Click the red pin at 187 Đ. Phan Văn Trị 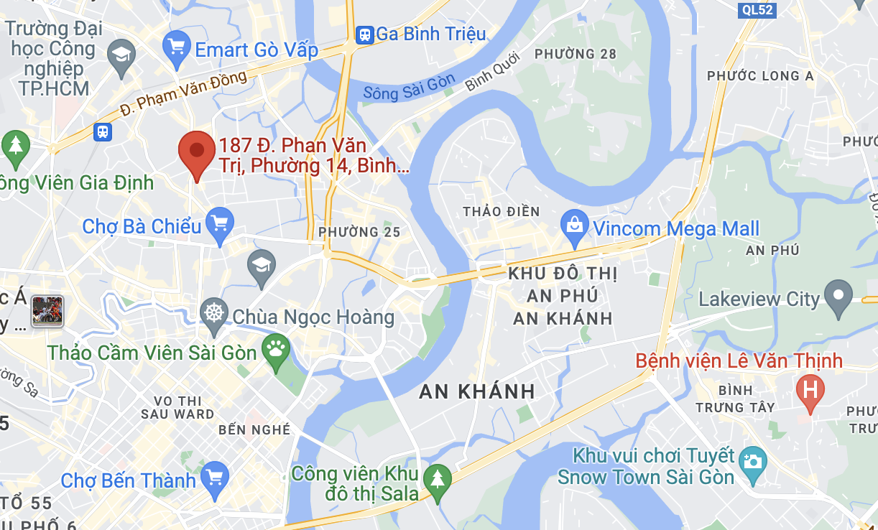(196, 152)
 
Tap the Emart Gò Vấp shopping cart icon (176, 49)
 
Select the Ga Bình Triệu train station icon (365, 34)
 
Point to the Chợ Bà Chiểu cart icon (218, 223)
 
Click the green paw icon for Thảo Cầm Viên (276, 350)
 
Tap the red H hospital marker (810, 391)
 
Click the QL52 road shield (758, 9)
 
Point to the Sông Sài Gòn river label (409, 87)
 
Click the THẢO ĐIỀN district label (501, 212)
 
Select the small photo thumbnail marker (47, 312)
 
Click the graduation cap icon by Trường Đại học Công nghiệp (121, 56)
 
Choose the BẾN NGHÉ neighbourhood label (254, 429)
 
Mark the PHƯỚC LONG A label (760, 76)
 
